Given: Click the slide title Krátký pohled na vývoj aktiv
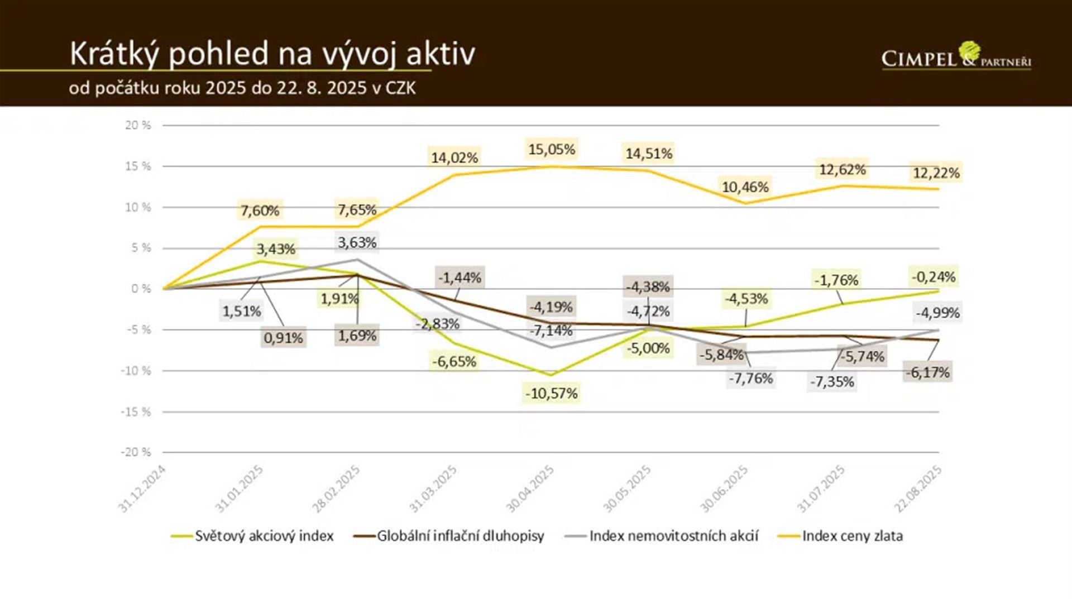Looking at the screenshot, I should [x=272, y=54].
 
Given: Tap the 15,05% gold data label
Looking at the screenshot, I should [x=552, y=149].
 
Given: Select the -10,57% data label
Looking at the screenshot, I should [x=552, y=393].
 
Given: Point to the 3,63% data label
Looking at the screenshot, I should [x=357, y=242].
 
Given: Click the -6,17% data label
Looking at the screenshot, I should [x=927, y=372].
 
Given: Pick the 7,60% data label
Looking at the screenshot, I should [x=260, y=210].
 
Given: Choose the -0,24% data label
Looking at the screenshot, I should [x=934, y=276].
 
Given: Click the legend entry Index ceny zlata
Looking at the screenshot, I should [x=852, y=536].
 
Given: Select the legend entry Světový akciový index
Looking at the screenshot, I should [x=264, y=536].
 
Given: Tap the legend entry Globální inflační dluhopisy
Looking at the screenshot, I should [x=460, y=536].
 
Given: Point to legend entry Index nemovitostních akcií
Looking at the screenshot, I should [x=673, y=536].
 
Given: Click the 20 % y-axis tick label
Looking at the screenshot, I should [x=138, y=125].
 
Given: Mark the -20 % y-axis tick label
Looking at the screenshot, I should [x=136, y=452].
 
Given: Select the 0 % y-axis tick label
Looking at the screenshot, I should [x=141, y=289].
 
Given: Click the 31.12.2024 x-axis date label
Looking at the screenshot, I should [x=142, y=489].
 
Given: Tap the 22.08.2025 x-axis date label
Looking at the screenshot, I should [x=918, y=489].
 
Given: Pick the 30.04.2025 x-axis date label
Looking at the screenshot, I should [x=530, y=489].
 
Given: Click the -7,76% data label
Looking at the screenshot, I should [x=751, y=378].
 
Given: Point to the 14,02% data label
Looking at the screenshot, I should [x=454, y=157].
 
